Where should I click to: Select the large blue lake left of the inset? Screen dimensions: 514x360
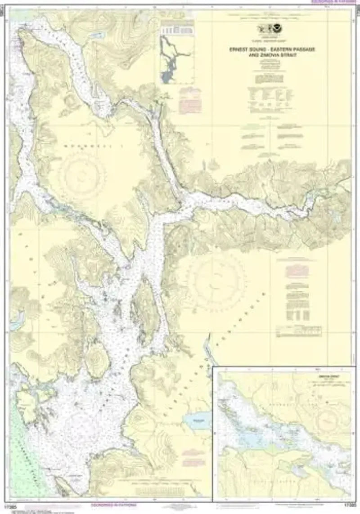(197, 421)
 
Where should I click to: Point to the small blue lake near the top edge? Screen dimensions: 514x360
(96, 35)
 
